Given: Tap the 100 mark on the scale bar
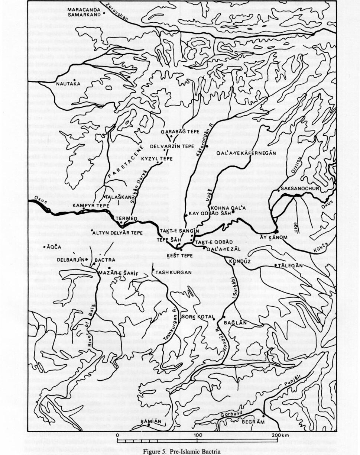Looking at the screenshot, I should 198,435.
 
